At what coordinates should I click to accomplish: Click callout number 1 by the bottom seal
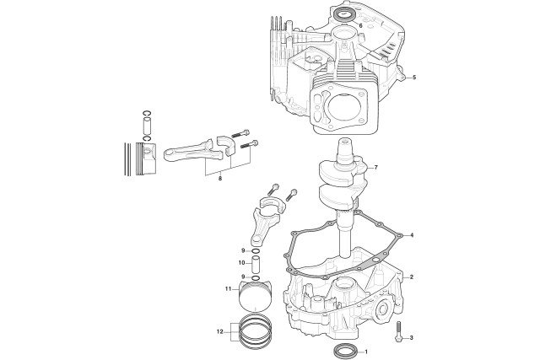coord(366,352)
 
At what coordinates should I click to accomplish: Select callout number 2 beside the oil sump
coord(412,277)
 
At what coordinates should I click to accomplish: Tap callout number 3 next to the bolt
coord(411,337)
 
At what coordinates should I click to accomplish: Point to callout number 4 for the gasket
coord(412,235)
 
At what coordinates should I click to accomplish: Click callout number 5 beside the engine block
coord(414,78)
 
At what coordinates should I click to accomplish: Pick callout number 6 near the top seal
coord(360,25)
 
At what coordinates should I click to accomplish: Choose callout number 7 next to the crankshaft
coord(376,168)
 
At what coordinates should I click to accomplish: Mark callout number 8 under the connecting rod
coord(220,178)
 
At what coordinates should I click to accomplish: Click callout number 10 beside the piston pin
coord(241,262)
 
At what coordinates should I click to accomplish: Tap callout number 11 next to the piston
coord(228,288)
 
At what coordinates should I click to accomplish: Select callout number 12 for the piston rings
coord(220,332)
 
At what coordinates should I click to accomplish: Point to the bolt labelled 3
coord(399,333)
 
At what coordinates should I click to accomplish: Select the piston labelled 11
coord(254,296)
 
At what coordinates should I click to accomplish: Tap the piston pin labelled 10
coord(255,264)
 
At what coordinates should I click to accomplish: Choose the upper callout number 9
coord(243,250)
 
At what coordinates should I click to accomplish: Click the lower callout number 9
coord(243,277)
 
